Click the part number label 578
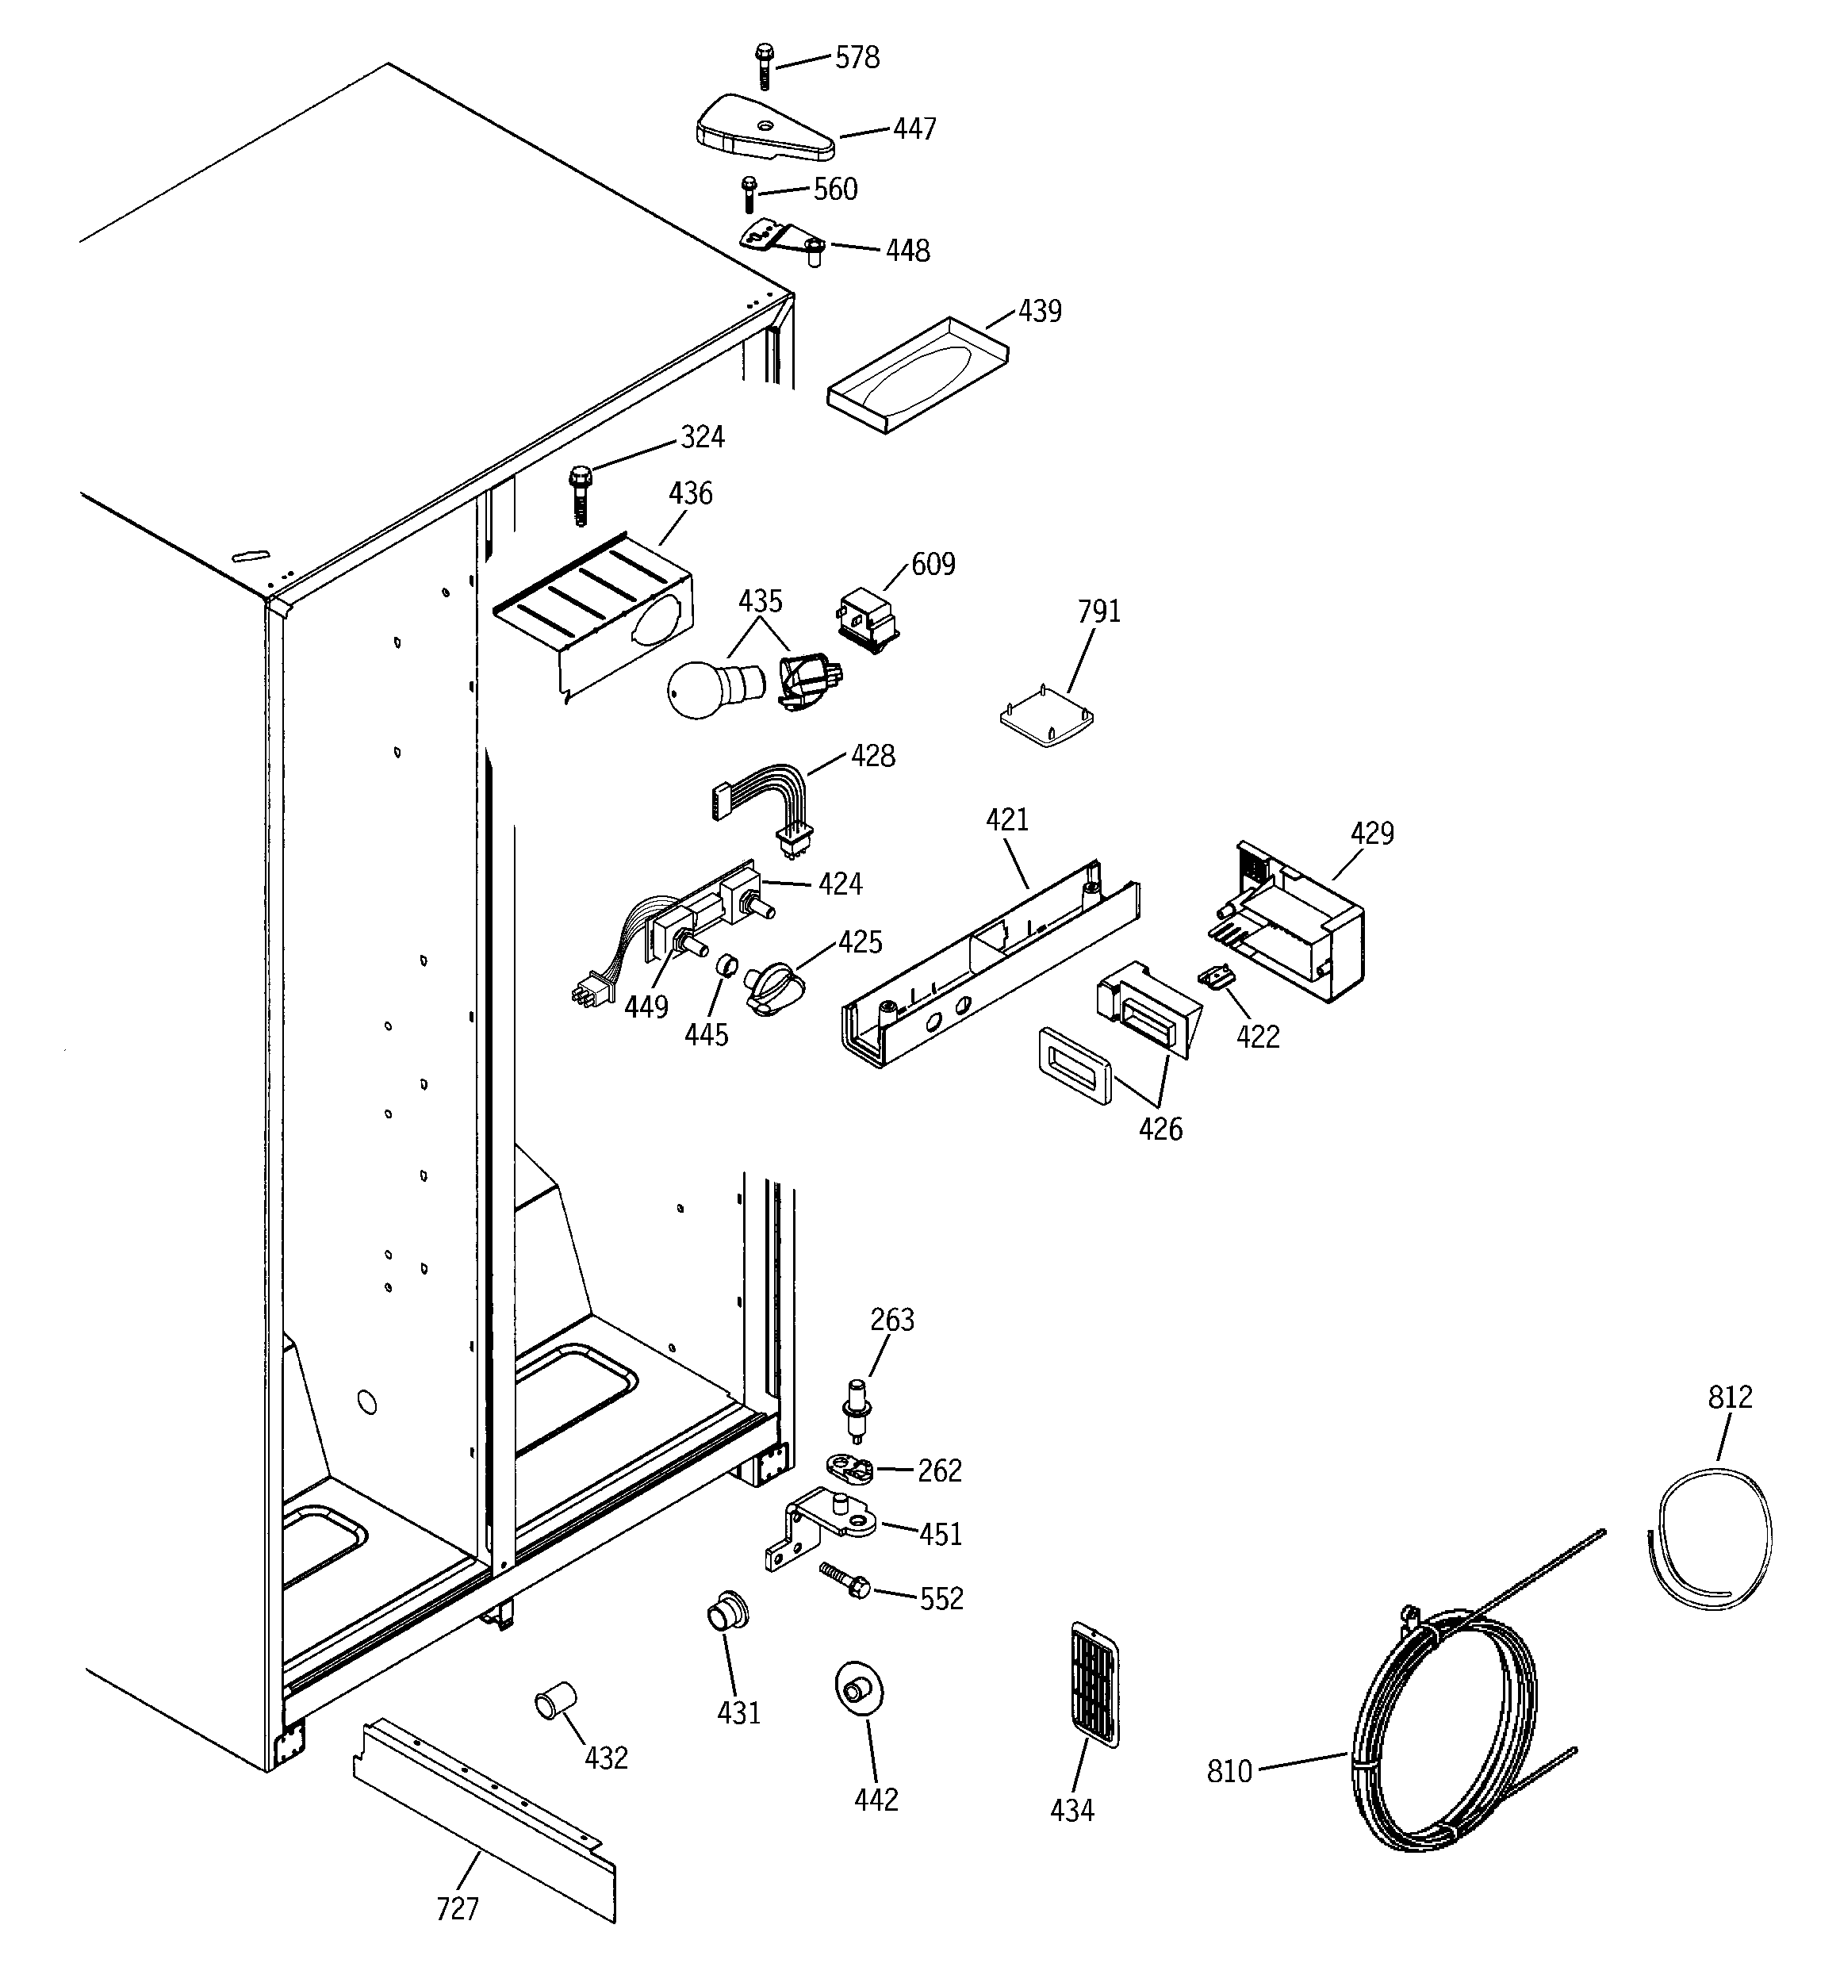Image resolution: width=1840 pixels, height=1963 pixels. point(857,58)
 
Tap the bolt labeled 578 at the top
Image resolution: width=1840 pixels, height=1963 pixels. point(764,64)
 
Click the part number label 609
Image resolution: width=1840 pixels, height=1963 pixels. point(933,565)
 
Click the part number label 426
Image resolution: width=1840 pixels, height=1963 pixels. point(1160,1129)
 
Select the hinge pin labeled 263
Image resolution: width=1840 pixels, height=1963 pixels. point(854,1410)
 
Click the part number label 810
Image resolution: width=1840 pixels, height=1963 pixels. point(1229,1773)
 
